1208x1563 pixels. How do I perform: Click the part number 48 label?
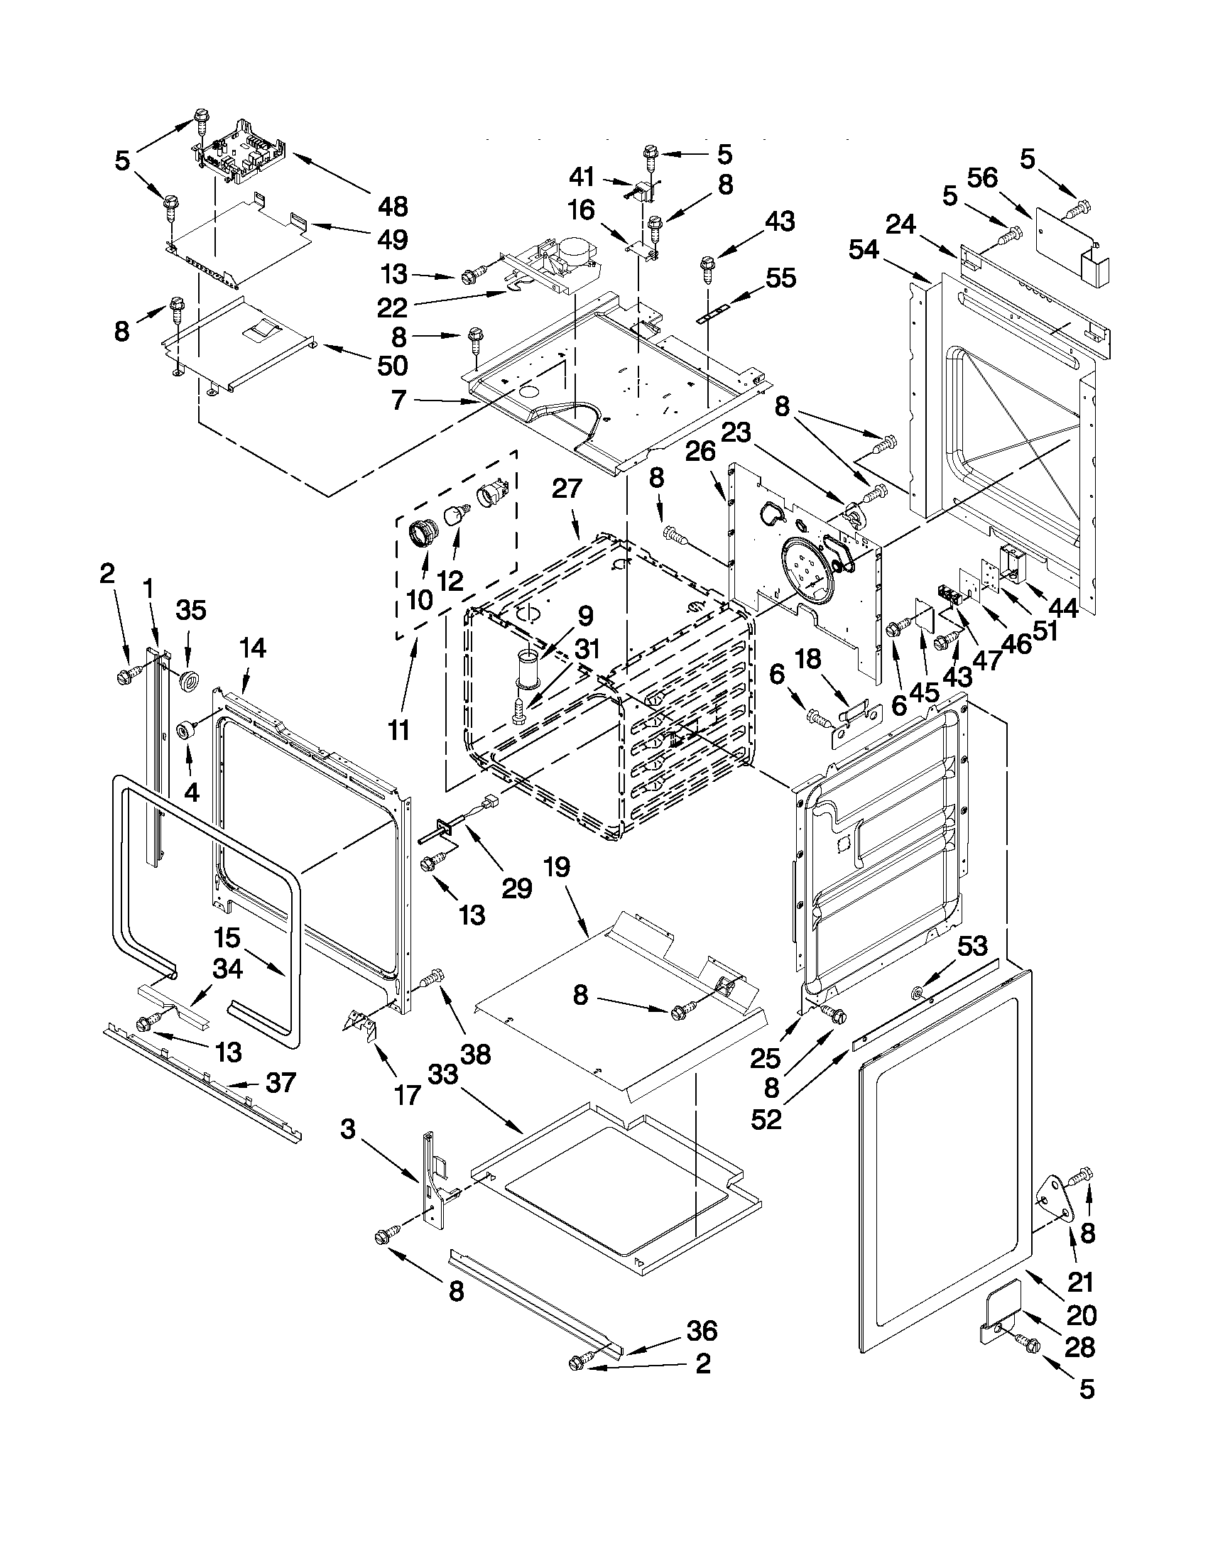tap(393, 207)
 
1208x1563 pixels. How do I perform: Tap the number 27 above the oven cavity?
tap(567, 489)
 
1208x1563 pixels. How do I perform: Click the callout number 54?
tap(864, 250)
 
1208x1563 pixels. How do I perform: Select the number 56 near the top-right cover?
tap(982, 178)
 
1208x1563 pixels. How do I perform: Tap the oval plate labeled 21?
tap(1055, 1198)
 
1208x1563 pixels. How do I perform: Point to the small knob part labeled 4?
tap(187, 731)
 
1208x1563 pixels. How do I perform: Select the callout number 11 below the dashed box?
tap(398, 730)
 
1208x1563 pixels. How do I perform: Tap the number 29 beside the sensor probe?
tap(517, 888)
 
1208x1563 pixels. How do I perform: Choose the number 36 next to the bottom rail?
tap(702, 1331)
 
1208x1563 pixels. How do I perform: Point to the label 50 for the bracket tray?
tap(393, 366)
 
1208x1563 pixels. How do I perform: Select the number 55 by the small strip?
tap(780, 278)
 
